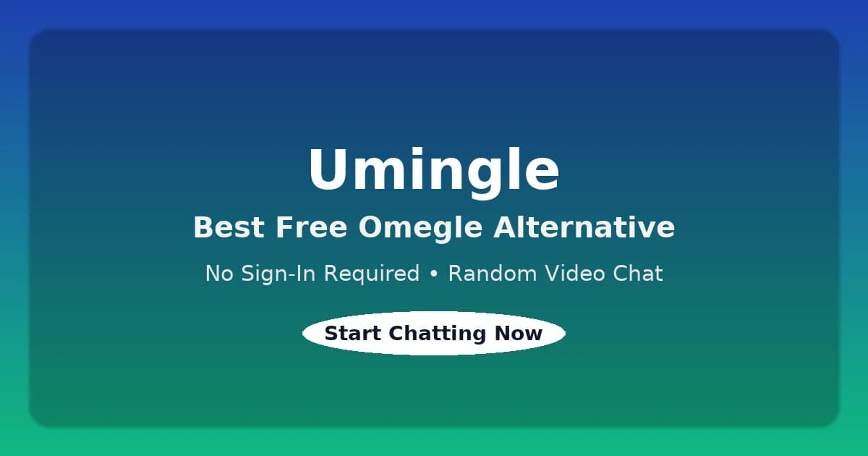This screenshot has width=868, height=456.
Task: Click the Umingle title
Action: pyautogui.click(x=434, y=170)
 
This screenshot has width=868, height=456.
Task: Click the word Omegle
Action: pyautogui.click(x=420, y=228)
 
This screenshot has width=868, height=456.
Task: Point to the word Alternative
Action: pyautogui.click(x=584, y=227)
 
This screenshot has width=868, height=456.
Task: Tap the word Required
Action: pyautogui.click(x=373, y=274)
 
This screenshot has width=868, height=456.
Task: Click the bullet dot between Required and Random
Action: pyautogui.click(x=434, y=274)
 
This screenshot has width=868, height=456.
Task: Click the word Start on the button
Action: pyautogui.click(x=353, y=334)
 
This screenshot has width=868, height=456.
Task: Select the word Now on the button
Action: pyautogui.click(x=519, y=334)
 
